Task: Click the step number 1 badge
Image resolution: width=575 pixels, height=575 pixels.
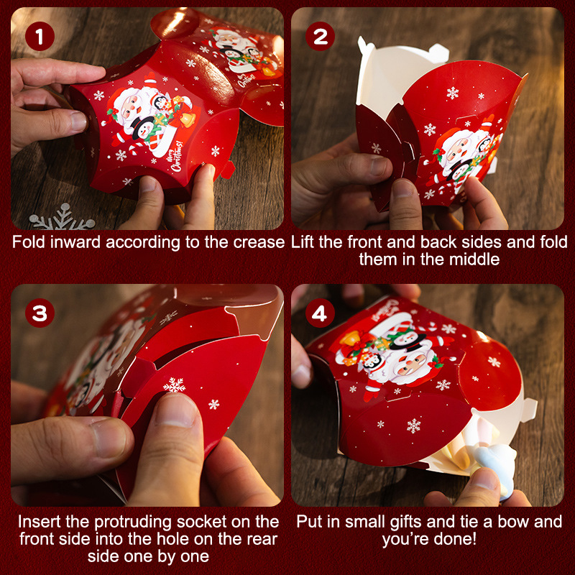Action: click(x=40, y=37)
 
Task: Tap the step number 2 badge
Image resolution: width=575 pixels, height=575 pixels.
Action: click(x=320, y=37)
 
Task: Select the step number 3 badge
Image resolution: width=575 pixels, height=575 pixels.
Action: click(x=40, y=313)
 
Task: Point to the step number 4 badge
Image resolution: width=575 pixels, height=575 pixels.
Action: click(x=320, y=313)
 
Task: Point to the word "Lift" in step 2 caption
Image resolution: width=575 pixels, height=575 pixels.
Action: click(x=303, y=242)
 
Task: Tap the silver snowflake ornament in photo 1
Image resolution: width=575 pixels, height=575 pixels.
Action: click(x=62, y=218)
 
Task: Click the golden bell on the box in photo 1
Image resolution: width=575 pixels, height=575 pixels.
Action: click(x=188, y=119)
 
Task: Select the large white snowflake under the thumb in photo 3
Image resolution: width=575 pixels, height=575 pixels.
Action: click(x=174, y=385)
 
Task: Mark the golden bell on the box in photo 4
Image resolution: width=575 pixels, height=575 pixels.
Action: click(x=349, y=339)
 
